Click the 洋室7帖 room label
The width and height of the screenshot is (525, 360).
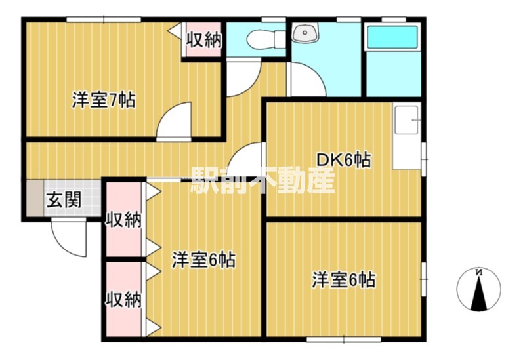(103, 101)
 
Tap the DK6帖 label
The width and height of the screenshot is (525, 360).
(343, 159)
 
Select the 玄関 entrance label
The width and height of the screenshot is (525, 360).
(63, 199)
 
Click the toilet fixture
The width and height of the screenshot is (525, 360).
(261, 37)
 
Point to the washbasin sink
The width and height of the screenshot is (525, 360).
(306, 33)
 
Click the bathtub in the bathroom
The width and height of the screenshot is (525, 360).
(392, 38)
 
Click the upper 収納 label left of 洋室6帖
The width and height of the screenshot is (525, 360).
(124, 220)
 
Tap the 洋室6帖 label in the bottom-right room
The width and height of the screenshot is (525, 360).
(343, 280)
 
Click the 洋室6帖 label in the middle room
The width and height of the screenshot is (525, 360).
(204, 260)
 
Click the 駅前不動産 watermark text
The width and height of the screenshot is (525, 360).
(262, 180)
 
